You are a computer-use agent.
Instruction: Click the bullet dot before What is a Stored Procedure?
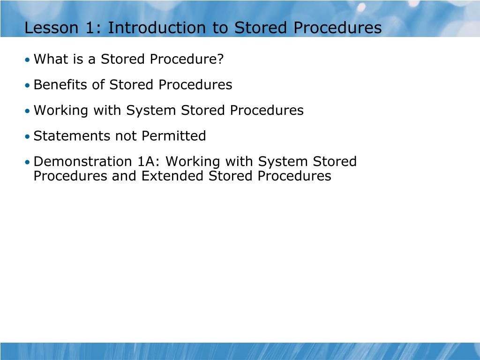[x=28, y=60]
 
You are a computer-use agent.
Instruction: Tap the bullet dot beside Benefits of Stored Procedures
[x=28, y=86]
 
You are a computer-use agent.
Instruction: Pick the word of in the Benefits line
[x=99, y=85]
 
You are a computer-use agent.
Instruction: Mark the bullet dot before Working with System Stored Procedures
[x=28, y=112]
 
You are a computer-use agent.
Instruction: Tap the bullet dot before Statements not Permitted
[x=28, y=137]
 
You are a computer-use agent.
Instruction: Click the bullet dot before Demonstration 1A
[x=28, y=163]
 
